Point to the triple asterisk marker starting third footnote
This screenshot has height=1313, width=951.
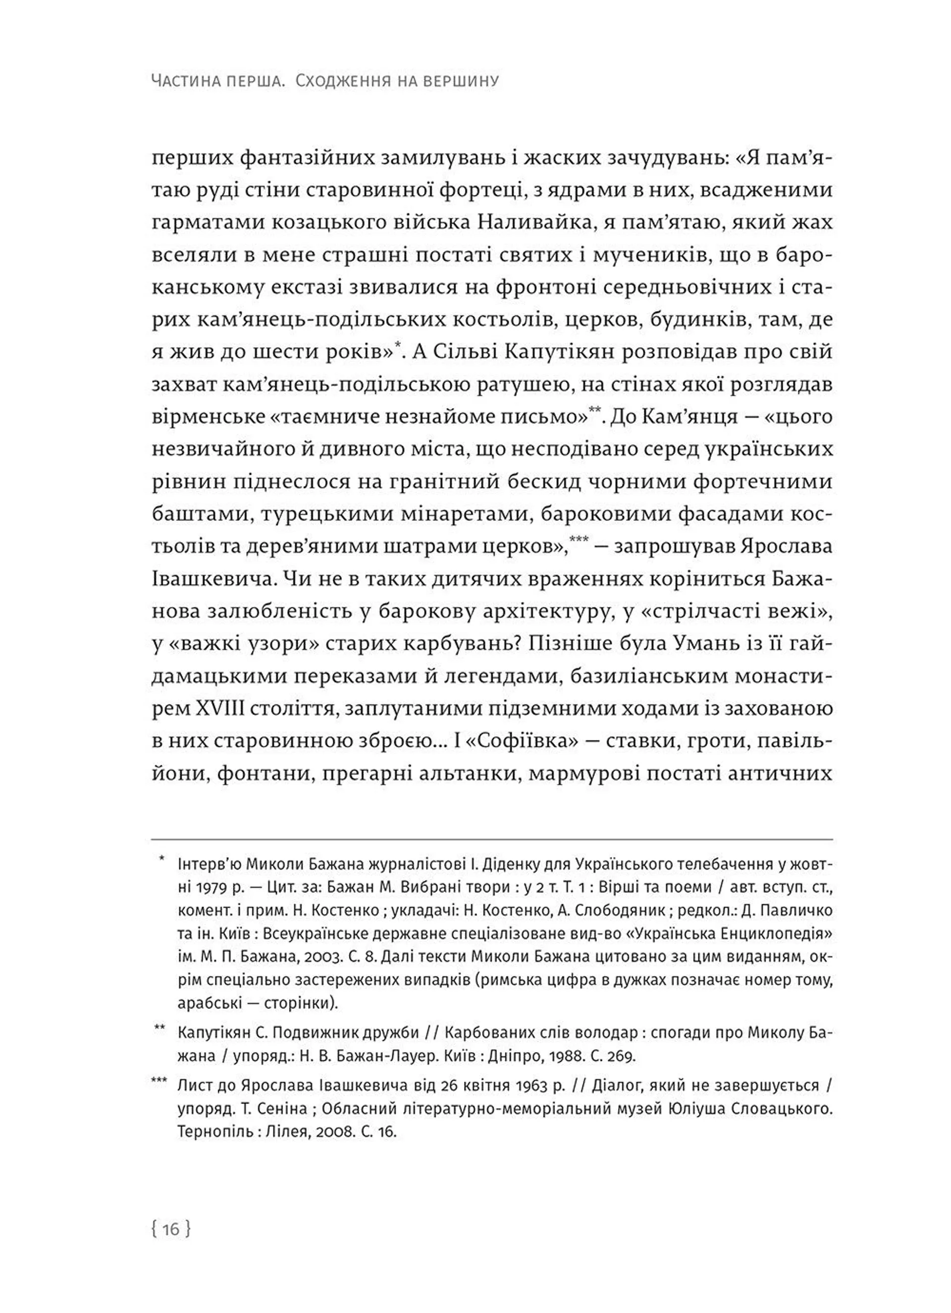pos(158,1082)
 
